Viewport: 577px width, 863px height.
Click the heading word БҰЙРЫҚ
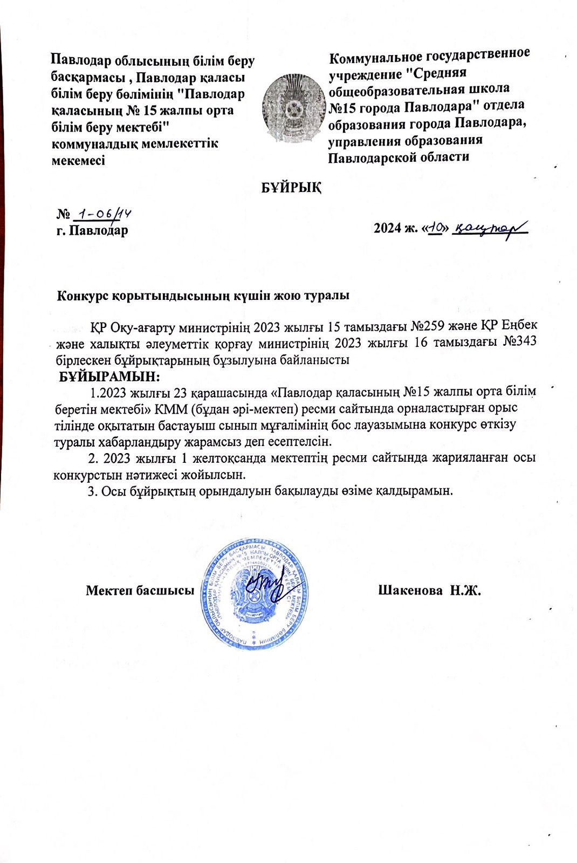291,188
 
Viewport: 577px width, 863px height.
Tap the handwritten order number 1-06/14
102,214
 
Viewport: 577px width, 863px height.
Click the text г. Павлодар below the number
92,231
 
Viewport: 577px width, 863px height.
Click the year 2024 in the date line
387,228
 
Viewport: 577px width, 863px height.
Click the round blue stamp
255,593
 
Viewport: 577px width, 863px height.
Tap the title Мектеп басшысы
140,590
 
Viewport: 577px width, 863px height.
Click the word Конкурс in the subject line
83,296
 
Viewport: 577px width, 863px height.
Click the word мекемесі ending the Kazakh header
78,160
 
